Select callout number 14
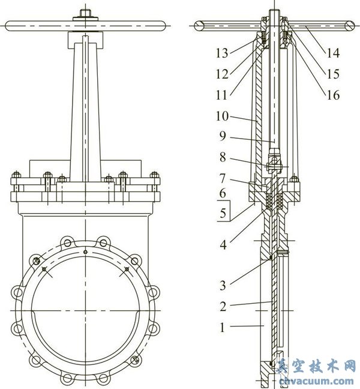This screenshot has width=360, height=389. tap(332, 53)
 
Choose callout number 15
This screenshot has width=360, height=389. tap(332, 74)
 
